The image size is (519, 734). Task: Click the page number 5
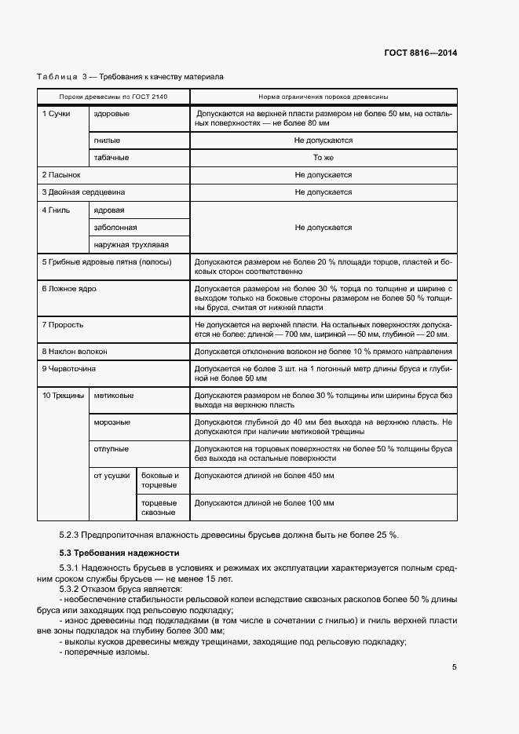(455, 667)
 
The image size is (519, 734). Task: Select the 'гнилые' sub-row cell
(107, 141)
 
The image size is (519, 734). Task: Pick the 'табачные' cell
(111, 158)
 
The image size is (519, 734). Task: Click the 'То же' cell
(323, 158)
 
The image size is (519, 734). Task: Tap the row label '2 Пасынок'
(61, 175)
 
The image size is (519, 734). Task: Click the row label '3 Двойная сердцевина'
(83, 192)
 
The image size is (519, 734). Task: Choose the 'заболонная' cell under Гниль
(115, 228)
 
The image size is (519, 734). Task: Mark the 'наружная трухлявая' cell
(131, 245)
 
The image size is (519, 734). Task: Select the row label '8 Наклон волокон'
(75, 352)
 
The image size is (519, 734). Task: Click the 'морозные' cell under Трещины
(112, 422)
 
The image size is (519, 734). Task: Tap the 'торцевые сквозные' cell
(159, 507)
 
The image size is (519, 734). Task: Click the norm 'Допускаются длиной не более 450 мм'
(264, 476)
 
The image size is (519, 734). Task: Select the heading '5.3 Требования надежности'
(114, 553)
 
